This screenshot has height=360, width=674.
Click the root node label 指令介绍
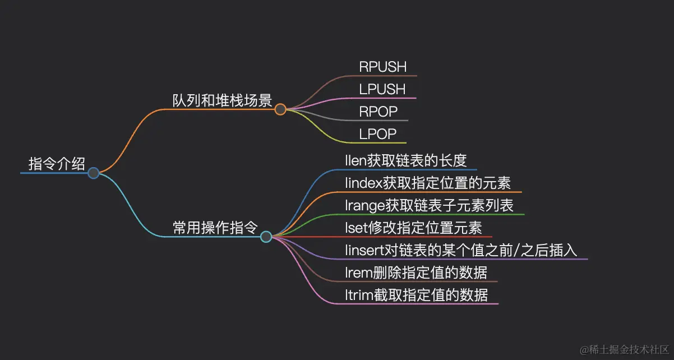point(57,164)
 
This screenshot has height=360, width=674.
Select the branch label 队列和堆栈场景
point(222,100)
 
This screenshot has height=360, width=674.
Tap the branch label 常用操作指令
point(215,228)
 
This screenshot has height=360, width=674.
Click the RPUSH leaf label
point(383,67)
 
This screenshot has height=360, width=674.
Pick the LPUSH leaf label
point(382,89)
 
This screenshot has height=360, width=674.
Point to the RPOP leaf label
point(378,112)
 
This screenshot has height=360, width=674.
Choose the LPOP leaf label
point(378,134)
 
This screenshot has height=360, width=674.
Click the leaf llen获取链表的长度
point(406,160)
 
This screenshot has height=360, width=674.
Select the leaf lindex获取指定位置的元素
point(428,183)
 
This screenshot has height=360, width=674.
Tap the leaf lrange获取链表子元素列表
point(430,205)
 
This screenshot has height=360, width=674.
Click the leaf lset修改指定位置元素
point(413,228)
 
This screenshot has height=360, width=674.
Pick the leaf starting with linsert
point(461,250)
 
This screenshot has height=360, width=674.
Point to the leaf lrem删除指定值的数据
point(416,273)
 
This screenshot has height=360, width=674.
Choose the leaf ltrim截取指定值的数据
point(417,294)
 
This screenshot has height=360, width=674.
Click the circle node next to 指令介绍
point(94,173)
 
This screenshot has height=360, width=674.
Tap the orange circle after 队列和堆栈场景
point(280,109)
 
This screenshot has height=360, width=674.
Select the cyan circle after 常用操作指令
point(266,237)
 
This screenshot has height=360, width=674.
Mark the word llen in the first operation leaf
point(356,160)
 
